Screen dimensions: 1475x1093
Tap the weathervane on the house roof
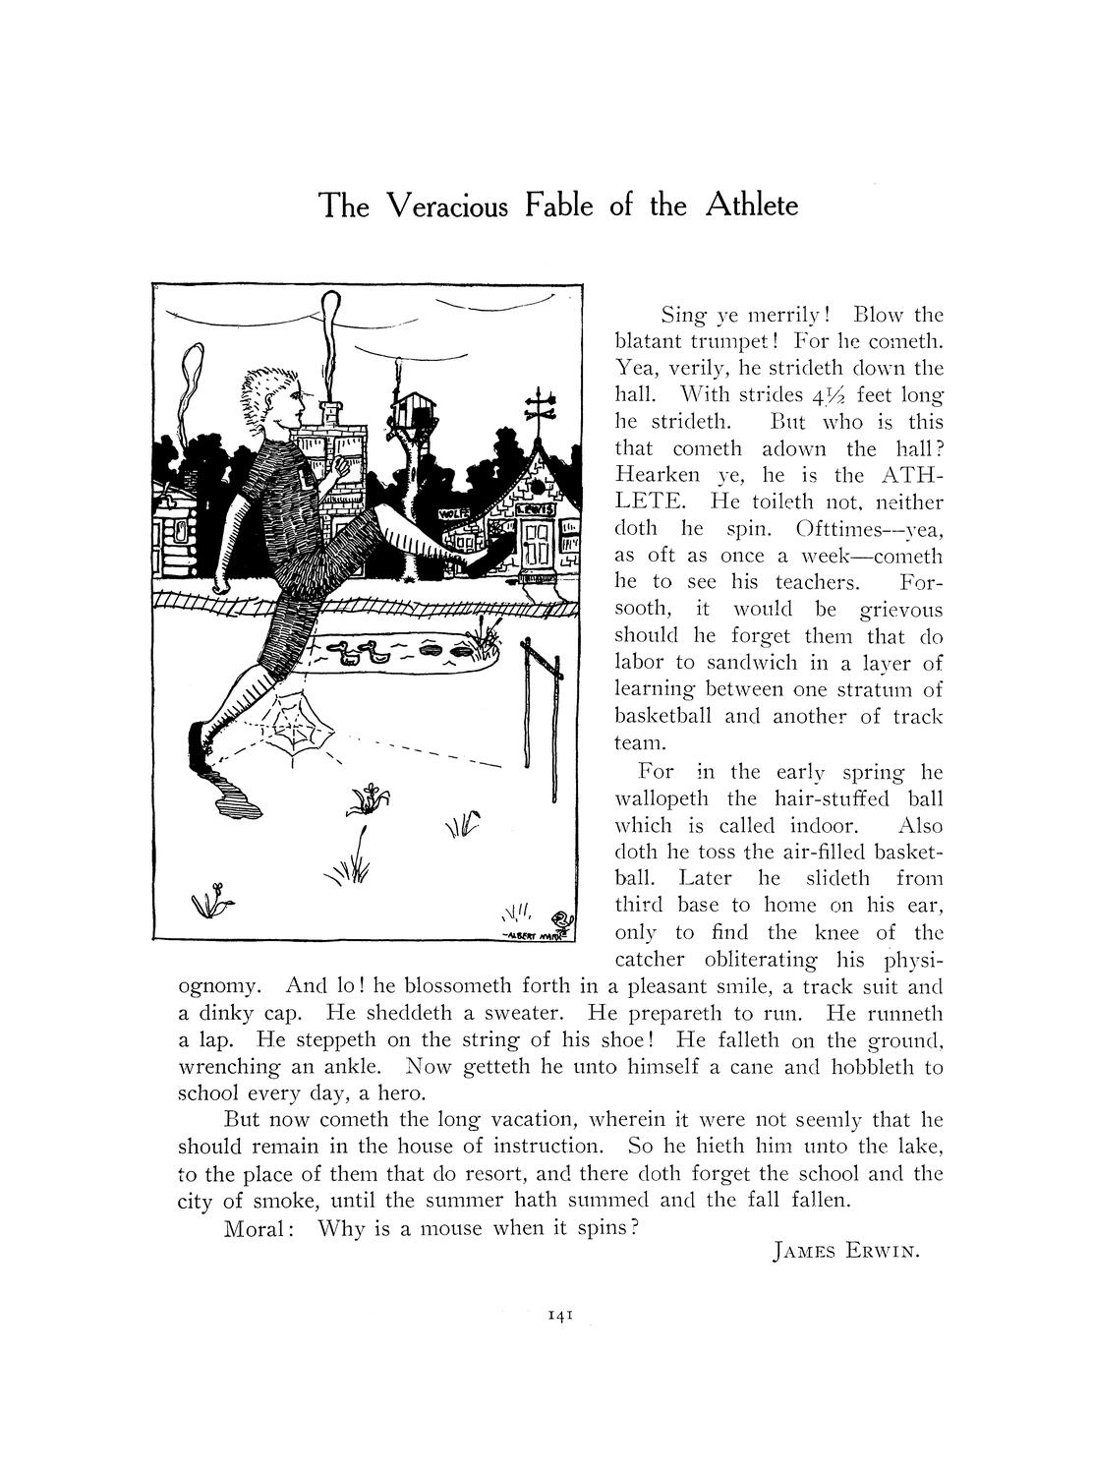541,406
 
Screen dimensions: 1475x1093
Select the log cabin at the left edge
181,536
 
